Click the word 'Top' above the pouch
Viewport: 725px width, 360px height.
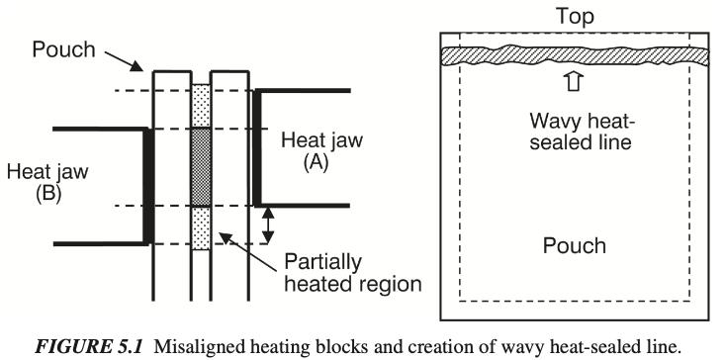pyautogui.click(x=573, y=17)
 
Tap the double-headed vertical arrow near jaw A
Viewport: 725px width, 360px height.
pyautogui.click(x=265, y=225)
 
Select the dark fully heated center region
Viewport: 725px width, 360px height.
pyautogui.click(x=201, y=167)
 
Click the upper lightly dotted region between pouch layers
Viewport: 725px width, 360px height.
pyautogui.click(x=201, y=107)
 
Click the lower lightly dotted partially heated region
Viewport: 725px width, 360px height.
pyautogui.click(x=201, y=225)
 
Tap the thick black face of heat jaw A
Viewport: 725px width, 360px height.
pyautogui.click(x=257, y=148)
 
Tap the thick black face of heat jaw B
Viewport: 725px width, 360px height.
pyautogui.click(x=146, y=186)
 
